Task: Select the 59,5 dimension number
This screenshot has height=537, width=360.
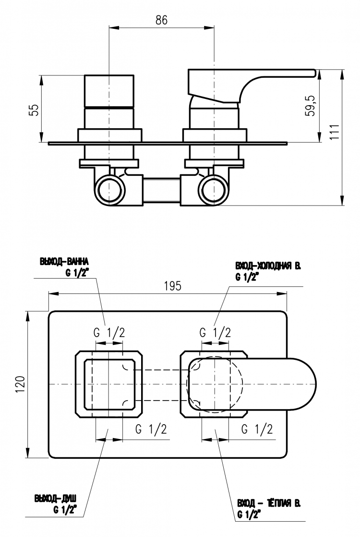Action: (x=311, y=106)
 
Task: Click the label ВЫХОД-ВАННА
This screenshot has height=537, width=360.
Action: (x=64, y=262)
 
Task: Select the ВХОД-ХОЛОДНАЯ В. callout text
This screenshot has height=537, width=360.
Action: (x=268, y=266)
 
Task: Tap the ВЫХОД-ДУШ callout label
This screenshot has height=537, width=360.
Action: (x=55, y=498)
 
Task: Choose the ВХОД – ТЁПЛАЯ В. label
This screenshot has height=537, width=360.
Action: (x=269, y=503)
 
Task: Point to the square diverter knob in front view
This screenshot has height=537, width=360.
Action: (x=109, y=384)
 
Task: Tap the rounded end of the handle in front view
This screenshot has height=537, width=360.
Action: (x=310, y=384)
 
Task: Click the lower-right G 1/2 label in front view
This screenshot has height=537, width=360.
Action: (x=257, y=429)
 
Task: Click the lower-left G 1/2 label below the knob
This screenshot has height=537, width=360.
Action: (x=151, y=429)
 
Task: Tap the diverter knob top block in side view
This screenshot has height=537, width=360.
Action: (x=109, y=91)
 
